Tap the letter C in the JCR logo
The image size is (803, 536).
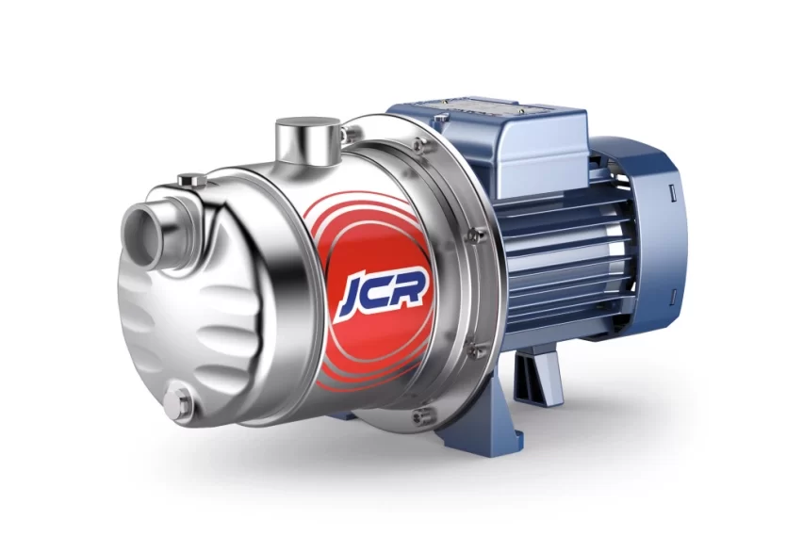pyautogui.click(x=382, y=291)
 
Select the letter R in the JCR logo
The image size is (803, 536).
pyautogui.click(x=410, y=287)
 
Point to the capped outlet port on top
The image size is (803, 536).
pyautogui.click(x=306, y=142)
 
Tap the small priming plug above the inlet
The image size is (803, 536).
pyautogui.click(x=192, y=180)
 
